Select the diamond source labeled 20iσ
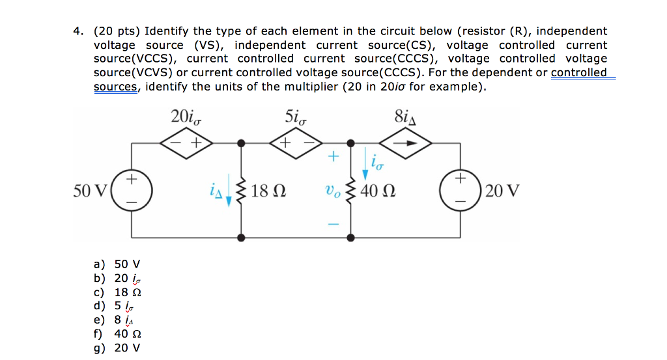pos(186,143)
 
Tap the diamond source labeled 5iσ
pos(296,143)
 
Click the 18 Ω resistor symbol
pos(242,191)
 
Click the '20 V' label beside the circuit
pos(503,191)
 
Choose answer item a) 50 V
pos(117,264)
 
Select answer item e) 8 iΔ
pos(117,320)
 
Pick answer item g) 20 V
pos(117,348)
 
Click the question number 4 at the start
pos(78,31)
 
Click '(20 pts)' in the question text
pos(117,31)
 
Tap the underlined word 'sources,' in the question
pos(115,87)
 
